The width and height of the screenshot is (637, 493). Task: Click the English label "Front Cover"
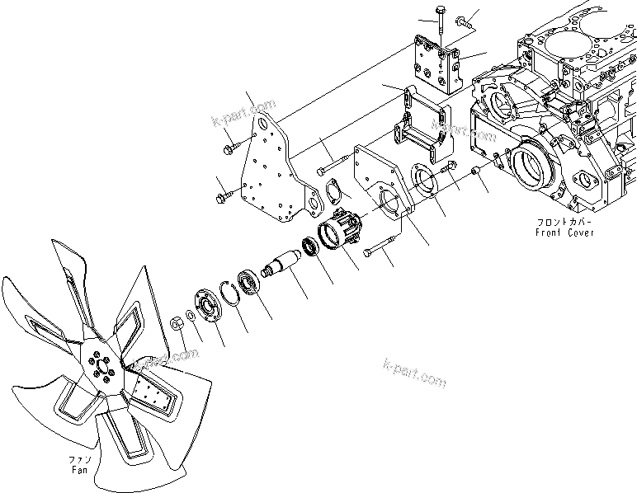tap(564, 232)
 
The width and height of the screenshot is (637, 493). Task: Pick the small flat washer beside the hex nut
tap(191, 316)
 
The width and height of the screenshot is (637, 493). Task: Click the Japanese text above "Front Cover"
tap(562, 222)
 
